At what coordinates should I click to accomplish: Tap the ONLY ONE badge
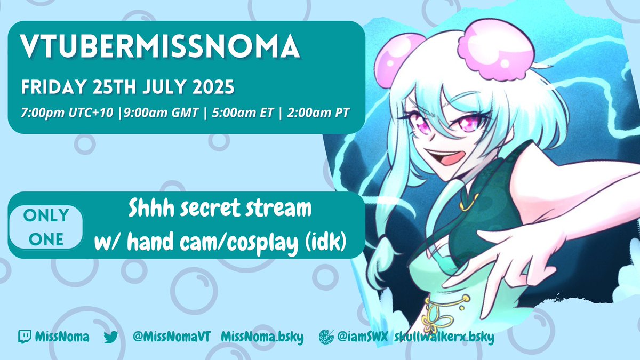[46, 227]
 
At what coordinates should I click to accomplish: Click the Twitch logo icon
[24, 337]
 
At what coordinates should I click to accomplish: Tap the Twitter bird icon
[110, 337]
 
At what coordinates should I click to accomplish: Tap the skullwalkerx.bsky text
[444, 337]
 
